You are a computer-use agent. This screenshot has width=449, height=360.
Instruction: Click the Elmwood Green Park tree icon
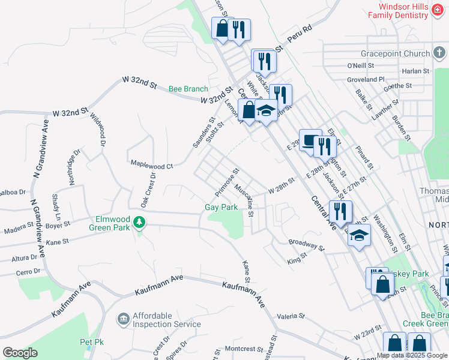[x=139, y=223]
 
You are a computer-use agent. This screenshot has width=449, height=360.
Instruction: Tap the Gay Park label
[x=221, y=207]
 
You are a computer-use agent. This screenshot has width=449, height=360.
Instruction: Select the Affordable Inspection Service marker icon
[x=123, y=317]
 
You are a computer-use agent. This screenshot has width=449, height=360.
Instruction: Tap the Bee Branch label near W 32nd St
[x=188, y=89]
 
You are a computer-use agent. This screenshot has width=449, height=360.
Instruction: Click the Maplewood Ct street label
[x=152, y=164]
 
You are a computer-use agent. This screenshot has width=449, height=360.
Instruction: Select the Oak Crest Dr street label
[x=148, y=190]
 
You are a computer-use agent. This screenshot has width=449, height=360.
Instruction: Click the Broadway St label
[x=306, y=245]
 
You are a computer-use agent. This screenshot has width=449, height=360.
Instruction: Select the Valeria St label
[x=291, y=316]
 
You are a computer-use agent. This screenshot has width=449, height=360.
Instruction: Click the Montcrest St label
[x=240, y=348]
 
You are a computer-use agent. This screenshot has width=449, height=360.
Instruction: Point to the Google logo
[x=20, y=353]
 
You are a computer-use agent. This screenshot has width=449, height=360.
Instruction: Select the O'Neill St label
[x=360, y=65]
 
